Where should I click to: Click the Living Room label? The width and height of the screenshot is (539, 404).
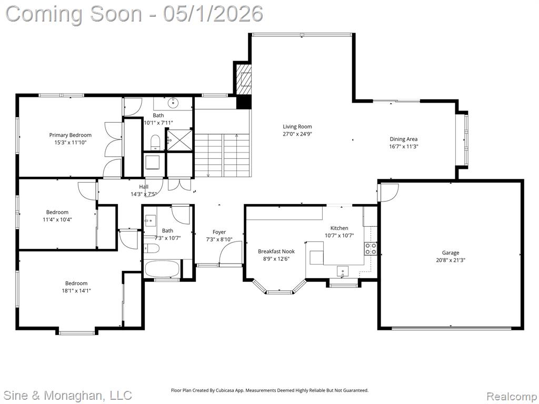click(x=297, y=126)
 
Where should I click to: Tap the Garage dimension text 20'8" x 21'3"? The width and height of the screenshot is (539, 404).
click(x=451, y=260)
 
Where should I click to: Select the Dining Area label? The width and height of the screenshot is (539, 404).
click(x=404, y=139)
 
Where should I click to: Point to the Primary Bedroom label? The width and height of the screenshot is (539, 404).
click(x=70, y=135)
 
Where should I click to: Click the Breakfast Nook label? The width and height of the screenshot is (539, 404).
click(x=276, y=251)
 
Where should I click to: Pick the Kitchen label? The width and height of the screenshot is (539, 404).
click(x=340, y=228)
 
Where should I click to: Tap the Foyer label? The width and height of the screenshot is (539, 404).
click(x=219, y=232)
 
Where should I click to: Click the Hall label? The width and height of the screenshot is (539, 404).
click(x=144, y=187)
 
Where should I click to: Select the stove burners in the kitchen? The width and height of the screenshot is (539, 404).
click(x=371, y=248)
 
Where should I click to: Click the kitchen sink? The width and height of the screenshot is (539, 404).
click(x=342, y=271)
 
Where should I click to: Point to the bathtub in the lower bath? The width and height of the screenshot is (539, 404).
click(x=162, y=268)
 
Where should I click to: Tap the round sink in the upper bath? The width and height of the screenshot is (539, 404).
click(x=173, y=102)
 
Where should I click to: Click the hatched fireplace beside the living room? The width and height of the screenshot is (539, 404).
click(x=244, y=79)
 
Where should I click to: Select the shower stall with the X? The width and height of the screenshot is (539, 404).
click(x=179, y=139)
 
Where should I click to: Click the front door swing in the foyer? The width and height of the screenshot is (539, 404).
click(x=231, y=252)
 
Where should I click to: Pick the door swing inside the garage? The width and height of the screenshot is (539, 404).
click(x=388, y=192)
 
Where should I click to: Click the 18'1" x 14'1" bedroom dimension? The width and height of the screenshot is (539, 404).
click(x=76, y=290)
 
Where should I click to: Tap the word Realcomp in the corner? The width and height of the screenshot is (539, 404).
click(x=511, y=396)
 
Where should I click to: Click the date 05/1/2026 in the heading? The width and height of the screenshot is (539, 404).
click(x=213, y=14)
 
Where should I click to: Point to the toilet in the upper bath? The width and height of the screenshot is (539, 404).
click(x=155, y=142)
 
